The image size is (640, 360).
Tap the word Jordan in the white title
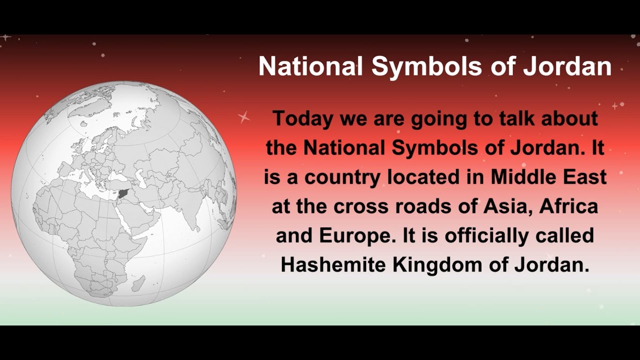pos(567,66)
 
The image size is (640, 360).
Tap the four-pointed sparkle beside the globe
pos(244,117)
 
